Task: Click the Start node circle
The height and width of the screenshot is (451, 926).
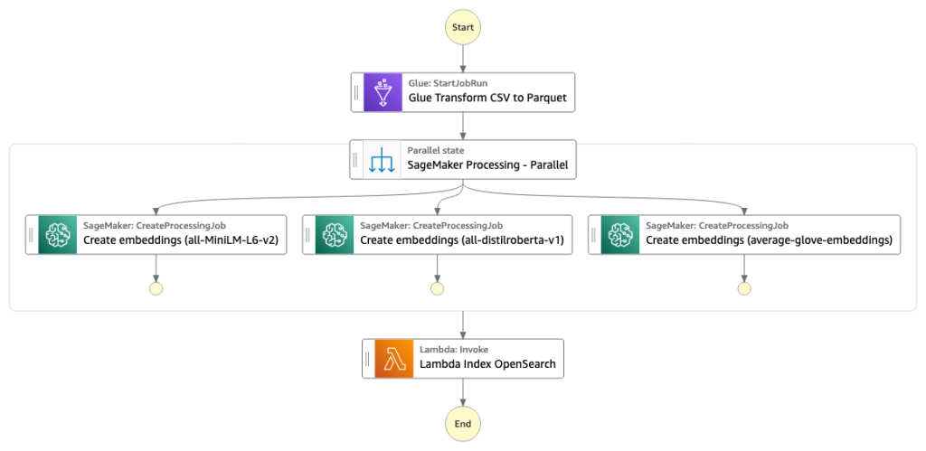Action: point(463,27)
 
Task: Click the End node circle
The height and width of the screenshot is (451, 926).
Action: point(463,423)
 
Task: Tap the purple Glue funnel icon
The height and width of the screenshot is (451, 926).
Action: point(383,91)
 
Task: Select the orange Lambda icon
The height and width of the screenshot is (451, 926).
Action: point(394,358)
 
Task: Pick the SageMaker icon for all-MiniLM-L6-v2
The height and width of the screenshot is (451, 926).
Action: point(57,234)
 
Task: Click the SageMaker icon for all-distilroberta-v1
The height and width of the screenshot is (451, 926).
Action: point(334,234)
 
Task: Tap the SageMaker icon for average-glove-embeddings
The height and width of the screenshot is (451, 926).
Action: point(619,234)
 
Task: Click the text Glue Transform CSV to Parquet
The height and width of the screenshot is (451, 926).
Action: point(487,99)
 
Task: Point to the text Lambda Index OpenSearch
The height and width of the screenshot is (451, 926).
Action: point(487,365)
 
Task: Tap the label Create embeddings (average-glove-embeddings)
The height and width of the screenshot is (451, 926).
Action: point(769,240)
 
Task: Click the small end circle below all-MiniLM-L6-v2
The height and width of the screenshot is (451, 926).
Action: point(156,288)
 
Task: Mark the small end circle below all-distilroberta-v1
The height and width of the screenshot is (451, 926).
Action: point(438,288)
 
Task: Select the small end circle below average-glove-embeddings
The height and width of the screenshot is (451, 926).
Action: point(744,288)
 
